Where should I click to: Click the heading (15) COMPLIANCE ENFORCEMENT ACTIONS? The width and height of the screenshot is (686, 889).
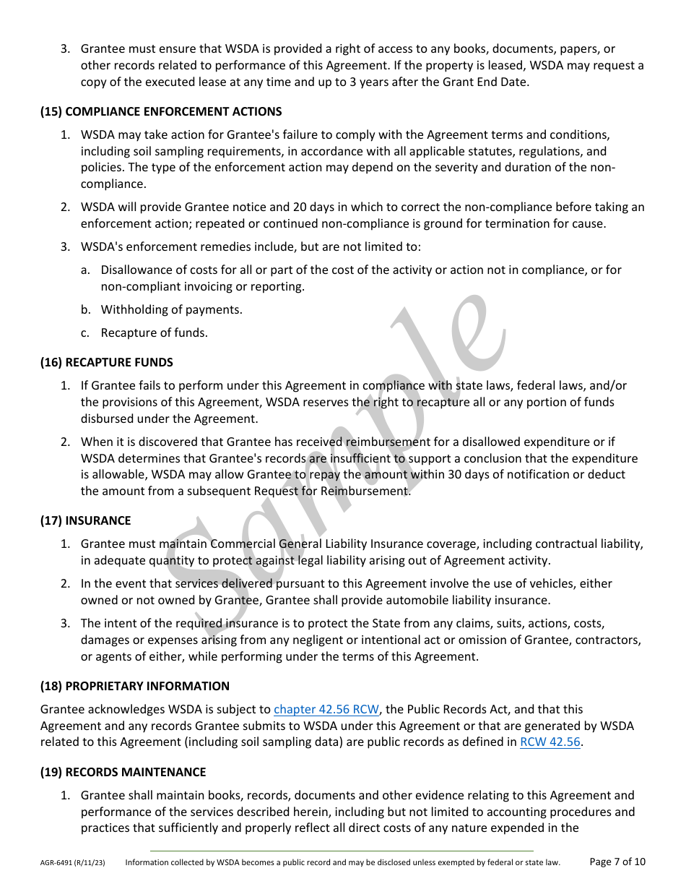(161, 112)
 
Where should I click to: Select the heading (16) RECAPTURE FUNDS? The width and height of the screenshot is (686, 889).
(107, 362)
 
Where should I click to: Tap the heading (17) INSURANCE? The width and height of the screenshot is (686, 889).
(86, 520)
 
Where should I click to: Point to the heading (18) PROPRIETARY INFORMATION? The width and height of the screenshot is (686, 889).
(135, 686)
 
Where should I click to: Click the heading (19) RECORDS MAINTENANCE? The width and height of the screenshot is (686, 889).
(123, 772)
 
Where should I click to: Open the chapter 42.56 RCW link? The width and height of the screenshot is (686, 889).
(326, 710)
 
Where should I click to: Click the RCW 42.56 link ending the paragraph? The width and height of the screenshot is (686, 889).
(550, 742)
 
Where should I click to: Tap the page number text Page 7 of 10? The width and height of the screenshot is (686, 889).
(617, 862)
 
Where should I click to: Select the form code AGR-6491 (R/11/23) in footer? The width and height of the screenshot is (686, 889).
(72, 862)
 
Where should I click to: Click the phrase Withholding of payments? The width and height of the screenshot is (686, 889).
(171, 309)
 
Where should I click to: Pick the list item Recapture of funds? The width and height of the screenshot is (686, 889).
(154, 333)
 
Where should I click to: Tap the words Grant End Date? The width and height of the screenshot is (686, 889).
(485, 82)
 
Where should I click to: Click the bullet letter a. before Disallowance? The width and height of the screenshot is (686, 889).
(85, 270)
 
